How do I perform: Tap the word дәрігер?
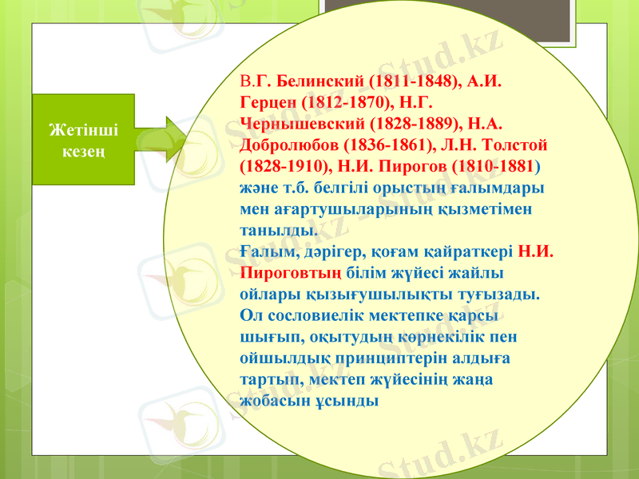click(x=331, y=251)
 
